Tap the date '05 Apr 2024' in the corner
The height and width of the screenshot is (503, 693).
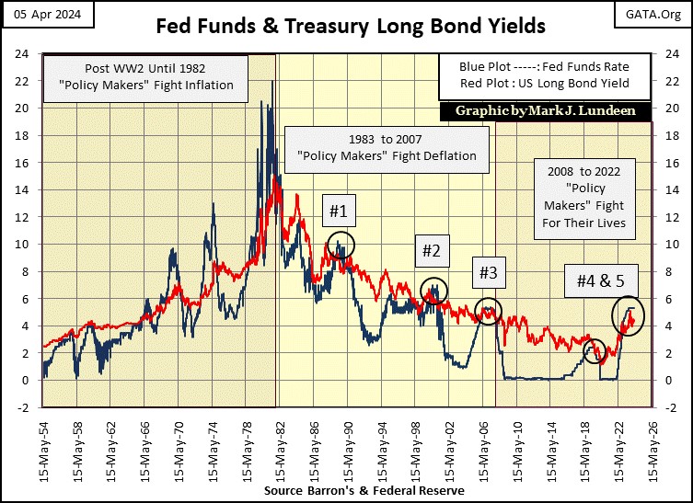pos(39,11)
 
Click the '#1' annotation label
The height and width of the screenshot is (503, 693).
pos(338,211)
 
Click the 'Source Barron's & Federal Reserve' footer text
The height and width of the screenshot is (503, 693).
pos(364,491)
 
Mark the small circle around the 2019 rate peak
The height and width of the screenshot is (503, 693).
pos(595,349)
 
